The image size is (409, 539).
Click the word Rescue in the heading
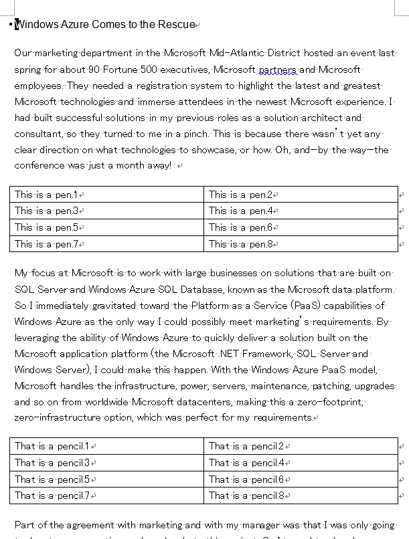176,25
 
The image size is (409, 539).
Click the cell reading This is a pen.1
46,195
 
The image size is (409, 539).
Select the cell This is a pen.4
240,211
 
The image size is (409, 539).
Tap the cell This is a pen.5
46,227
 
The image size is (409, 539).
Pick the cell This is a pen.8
240,244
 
